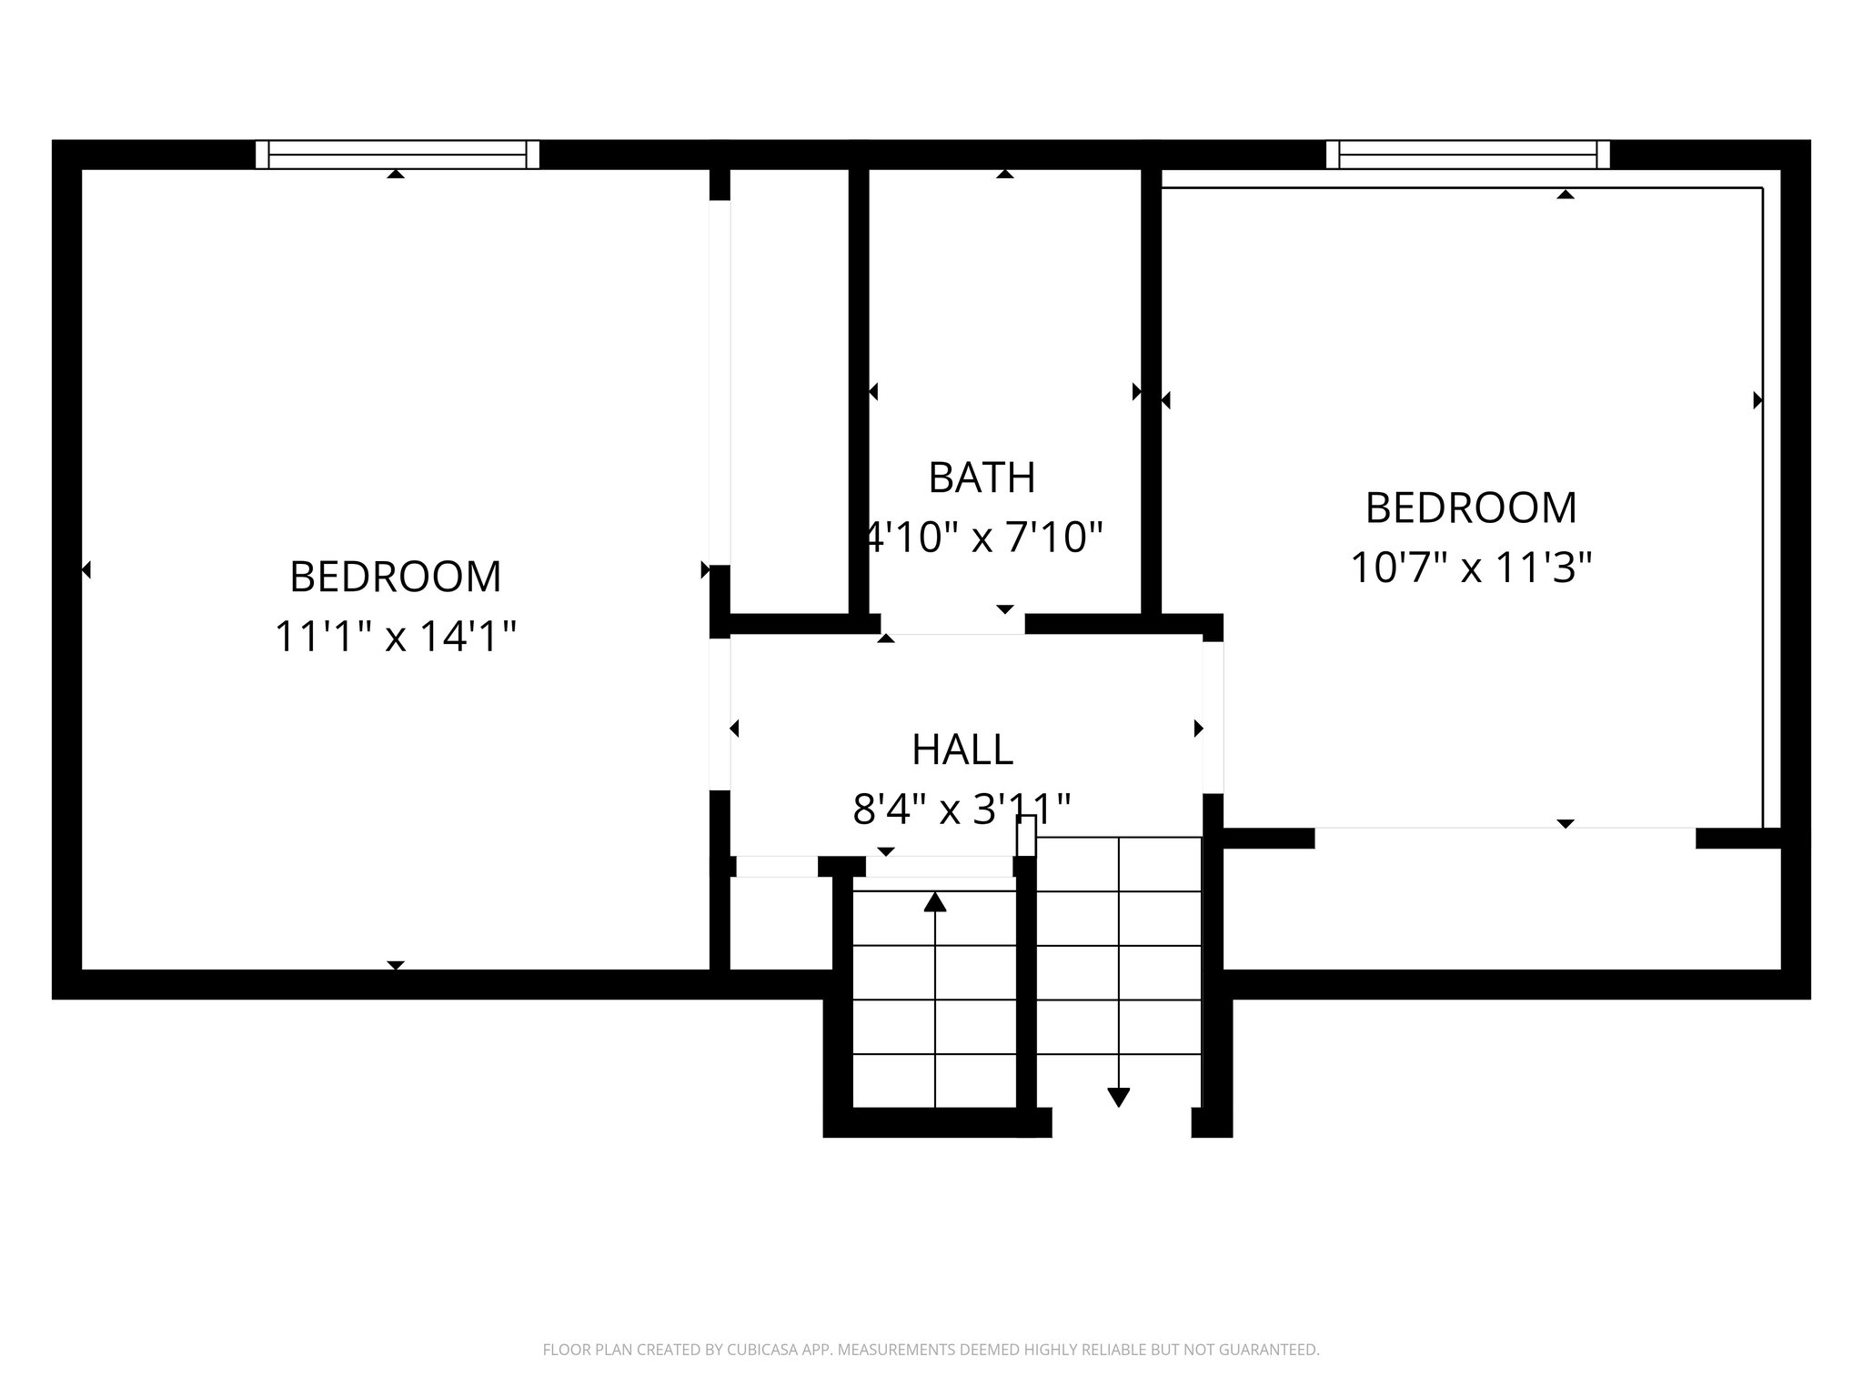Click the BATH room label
coord(982,477)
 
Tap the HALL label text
coord(962,749)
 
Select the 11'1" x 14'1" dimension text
coord(395,636)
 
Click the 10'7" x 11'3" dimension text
coord(1471,568)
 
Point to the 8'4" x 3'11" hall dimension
coord(962,809)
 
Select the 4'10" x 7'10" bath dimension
coord(982,538)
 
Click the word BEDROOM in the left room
coord(395,577)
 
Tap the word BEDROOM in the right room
coord(1471,508)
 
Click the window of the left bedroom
coord(398,155)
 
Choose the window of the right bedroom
coord(1467,155)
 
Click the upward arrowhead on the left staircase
coord(935,902)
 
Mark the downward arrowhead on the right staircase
coord(1118,1097)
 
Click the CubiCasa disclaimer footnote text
coord(931,1350)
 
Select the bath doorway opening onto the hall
coord(952,625)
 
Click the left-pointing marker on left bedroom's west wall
coord(86,570)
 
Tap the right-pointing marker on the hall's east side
coord(1198,729)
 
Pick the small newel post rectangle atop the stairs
coord(1026,835)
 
